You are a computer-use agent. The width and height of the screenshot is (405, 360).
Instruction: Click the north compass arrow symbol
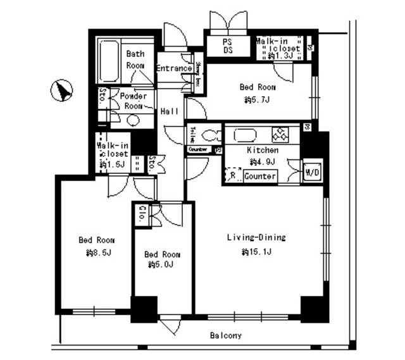click(61, 91)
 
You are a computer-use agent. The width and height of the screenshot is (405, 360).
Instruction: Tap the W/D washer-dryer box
click(311, 172)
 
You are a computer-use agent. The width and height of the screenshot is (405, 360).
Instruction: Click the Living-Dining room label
click(257, 238)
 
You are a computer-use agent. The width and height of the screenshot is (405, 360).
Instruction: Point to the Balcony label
click(226, 336)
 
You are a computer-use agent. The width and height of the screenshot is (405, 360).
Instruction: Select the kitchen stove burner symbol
click(280, 135)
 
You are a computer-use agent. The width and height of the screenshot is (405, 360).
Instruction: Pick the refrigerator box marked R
click(233, 176)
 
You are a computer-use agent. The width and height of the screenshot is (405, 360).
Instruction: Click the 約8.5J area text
click(99, 253)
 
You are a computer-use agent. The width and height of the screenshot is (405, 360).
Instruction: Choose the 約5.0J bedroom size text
click(161, 265)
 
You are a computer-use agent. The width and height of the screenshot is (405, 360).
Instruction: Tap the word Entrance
click(173, 68)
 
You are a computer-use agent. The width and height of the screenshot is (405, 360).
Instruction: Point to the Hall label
click(169, 111)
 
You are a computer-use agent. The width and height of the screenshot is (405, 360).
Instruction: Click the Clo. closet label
click(144, 213)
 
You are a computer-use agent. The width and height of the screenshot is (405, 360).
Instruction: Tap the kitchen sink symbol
click(243, 135)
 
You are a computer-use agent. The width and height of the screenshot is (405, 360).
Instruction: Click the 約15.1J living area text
click(256, 252)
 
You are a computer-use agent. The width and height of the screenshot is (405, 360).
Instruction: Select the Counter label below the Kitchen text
click(259, 176)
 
